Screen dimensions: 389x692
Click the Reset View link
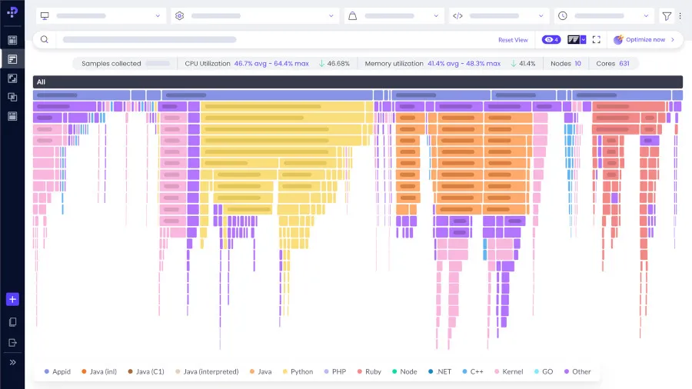pyautogui.click(x=513, y=40)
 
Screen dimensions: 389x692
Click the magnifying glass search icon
pyautogui.click(x=45, y=40)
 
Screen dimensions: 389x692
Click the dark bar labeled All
pyautogui.click(x=358, y=82)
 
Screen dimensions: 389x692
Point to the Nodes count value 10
pyautogui.click(x=577, y=64)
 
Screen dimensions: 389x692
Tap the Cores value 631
pyautogui.click(x=624, y=64)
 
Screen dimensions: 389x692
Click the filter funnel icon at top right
pyautogui.click(x=666, y=15)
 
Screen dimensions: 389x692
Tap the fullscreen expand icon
pyautogui.click(x=596, y=40)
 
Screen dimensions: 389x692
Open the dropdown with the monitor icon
pyautogui.click(x=101, y=15)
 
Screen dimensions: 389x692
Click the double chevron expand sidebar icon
pyautogui.click(x=12, y=362)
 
